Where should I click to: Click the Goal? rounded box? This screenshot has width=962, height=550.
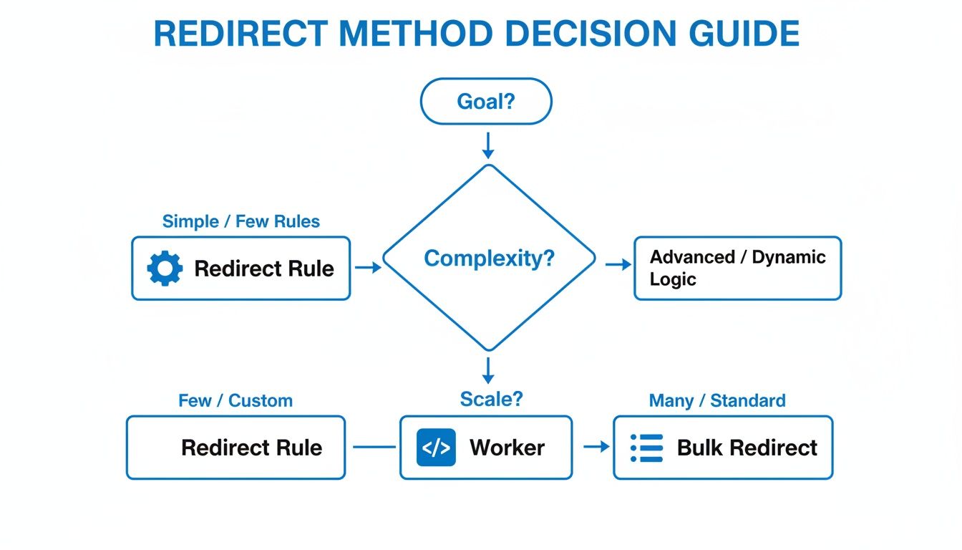click(x=486, y=102)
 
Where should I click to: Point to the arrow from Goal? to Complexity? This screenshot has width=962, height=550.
click(x=488, y=145)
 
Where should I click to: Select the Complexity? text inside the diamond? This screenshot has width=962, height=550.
click(x=489, y=259)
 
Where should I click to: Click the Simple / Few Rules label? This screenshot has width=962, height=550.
click(x=241, y=221)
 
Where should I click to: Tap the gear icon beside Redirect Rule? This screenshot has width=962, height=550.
click(x=165, y=269)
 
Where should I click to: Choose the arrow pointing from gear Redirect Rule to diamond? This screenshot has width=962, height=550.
click(x=368, y=268)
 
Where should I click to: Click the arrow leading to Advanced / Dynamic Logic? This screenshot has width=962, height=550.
click(x=618, y=265)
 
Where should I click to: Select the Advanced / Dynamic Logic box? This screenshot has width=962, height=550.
click(x=737, y=268)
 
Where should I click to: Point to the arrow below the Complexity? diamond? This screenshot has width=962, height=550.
click(x=488, y=370)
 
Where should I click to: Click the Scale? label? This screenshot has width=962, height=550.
click(x=491, y=399)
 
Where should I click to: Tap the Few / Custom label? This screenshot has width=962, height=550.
click(x=235, y=400)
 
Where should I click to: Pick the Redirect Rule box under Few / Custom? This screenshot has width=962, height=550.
click(x=235, y=448)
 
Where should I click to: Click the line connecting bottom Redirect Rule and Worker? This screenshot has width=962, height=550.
click(x=374, y=448)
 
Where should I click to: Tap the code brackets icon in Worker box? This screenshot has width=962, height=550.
click(x=436, y=448)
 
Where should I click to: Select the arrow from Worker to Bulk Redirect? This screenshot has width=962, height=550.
click(x=596, y=447)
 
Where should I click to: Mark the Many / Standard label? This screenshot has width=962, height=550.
click(x=716, y=400)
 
